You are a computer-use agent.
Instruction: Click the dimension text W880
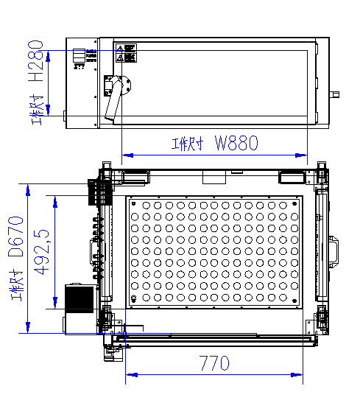[x=236, y=144]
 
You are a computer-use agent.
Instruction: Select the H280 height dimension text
[x=35, y=71]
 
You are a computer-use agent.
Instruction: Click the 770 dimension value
[x=213, y=363]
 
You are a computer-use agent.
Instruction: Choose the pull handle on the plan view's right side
[x=335, y=250]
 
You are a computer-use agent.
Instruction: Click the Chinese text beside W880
[x=186, y=144]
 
